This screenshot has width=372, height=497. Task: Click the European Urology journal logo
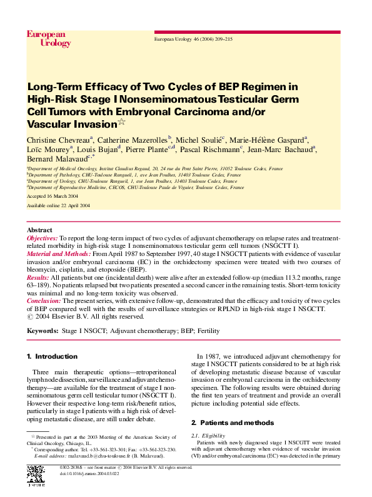[45, 38]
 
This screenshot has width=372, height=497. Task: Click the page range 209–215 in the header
[219, 39]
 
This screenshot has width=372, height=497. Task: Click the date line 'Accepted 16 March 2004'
[53, 196]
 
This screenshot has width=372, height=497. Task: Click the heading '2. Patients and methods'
[233, 423]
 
